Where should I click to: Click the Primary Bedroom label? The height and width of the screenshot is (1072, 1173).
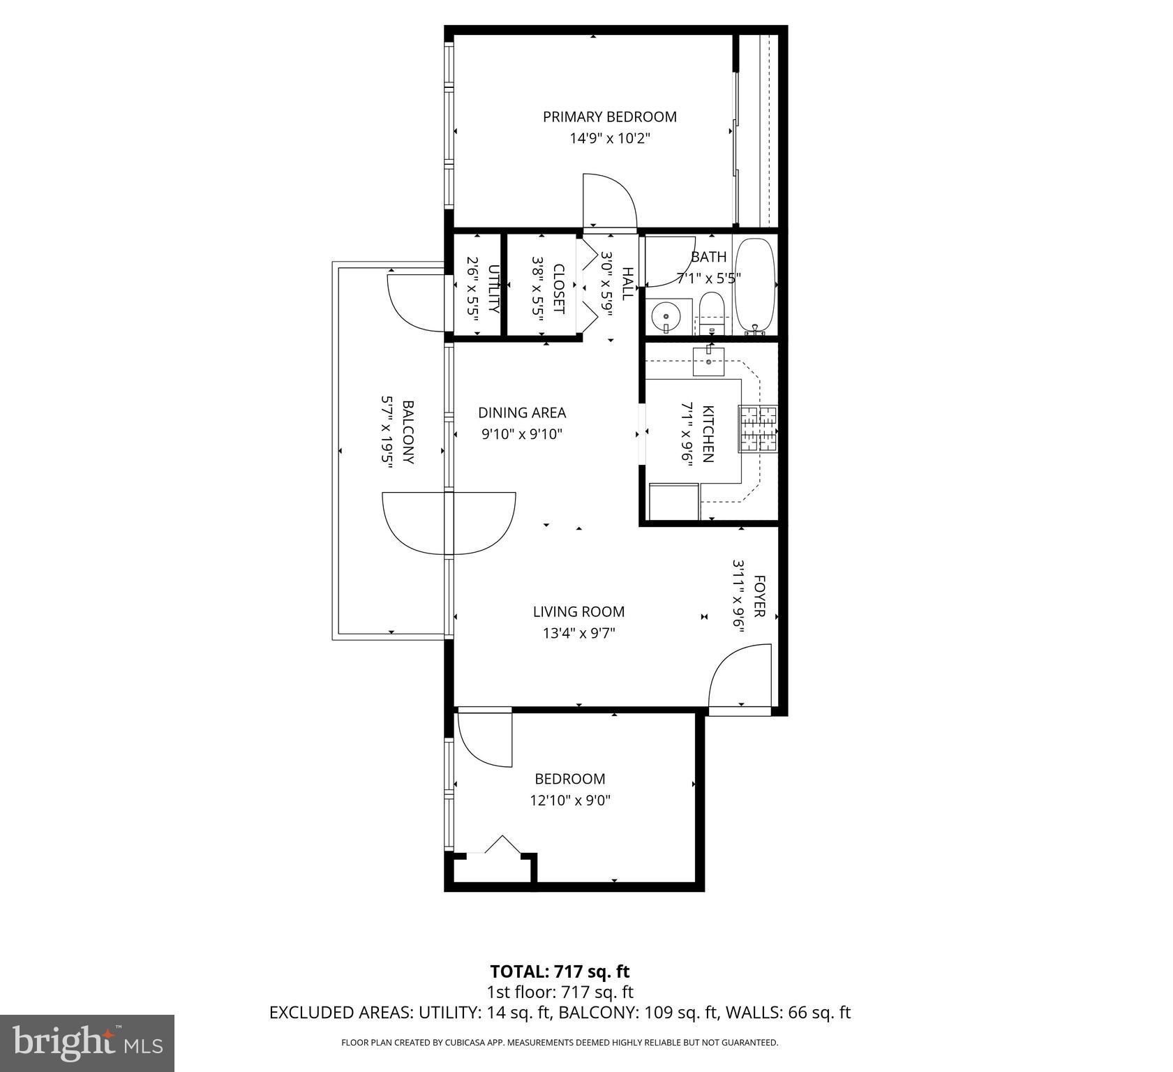click(x=609, y=117)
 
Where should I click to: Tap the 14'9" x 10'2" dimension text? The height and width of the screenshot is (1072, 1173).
click(x=610, y=138)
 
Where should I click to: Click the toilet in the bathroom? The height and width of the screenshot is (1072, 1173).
click(x=712, y=313)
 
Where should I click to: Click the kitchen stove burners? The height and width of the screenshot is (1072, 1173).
click(x=759, y=429)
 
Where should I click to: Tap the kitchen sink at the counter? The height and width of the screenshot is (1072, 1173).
click(x=709, y=361)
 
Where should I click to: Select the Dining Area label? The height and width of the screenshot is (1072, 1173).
click(x=522, y=412)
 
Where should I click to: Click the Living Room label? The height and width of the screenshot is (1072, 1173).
click(x=578, y=612)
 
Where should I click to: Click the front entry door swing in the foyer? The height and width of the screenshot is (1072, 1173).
click(x=740, y=677)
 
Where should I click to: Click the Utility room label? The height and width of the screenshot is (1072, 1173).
click(x=493, y=288)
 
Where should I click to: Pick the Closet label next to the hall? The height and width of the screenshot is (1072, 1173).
click(x=558, y=288)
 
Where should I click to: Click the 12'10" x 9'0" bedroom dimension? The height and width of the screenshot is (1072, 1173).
click(x=570, y=801)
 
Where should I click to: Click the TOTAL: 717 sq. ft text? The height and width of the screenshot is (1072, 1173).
click(x=560, y=971)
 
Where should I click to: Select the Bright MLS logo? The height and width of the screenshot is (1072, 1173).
click(x=87, y=1043)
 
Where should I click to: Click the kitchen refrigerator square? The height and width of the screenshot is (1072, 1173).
click(x=673, y=502)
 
